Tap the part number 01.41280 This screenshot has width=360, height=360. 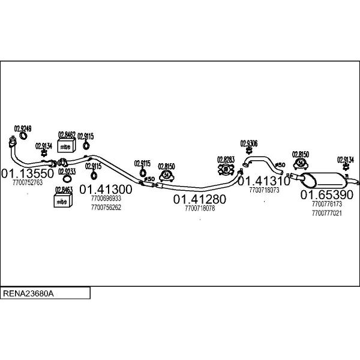200,199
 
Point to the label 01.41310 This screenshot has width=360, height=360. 264,180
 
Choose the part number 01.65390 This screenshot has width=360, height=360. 327,195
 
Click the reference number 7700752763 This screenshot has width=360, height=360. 27,183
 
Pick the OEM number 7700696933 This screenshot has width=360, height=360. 106,199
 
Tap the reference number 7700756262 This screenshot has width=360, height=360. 106,208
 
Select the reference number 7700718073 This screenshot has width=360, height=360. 264,190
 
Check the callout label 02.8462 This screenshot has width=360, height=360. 66,135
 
